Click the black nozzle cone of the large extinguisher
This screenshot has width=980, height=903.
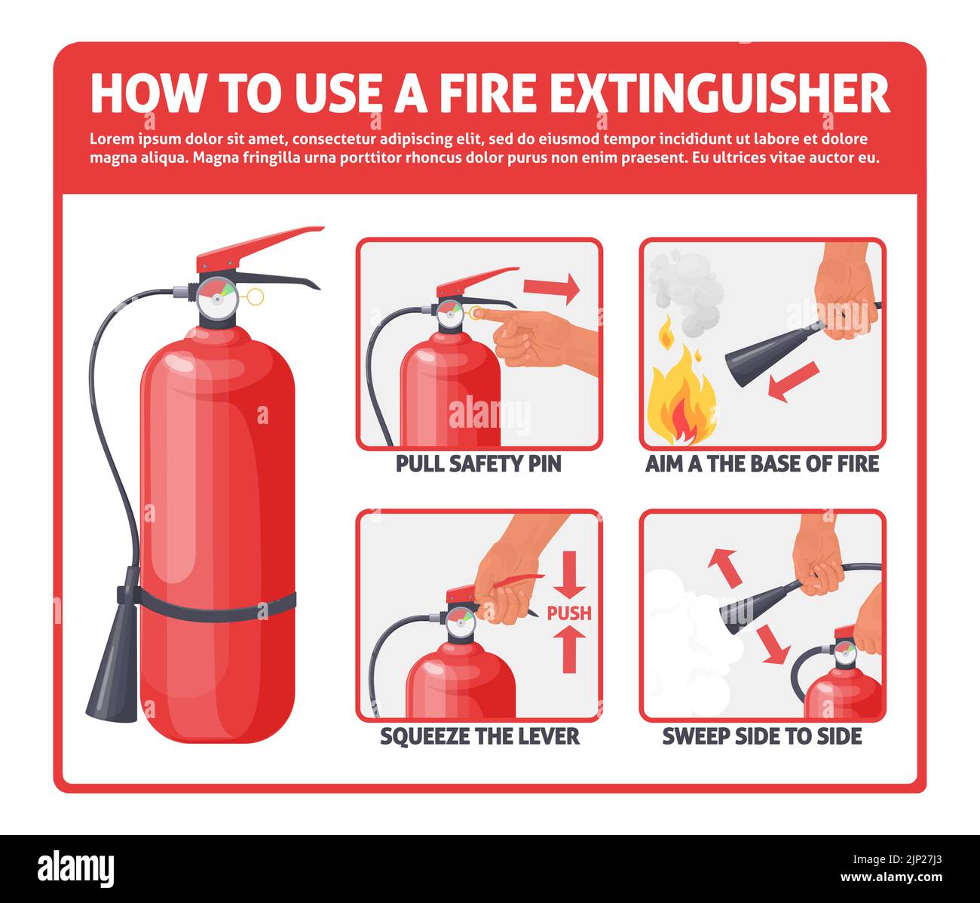point(113,679)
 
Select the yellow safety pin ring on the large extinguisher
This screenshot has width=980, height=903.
point(256,296)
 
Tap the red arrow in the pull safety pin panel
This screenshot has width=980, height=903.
point(551,287)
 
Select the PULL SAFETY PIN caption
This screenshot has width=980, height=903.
point(479,464)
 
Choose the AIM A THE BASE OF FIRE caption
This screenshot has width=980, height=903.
point(762,464)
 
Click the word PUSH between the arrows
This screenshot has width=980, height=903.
point(569,613)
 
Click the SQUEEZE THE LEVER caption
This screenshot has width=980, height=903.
point(479,736)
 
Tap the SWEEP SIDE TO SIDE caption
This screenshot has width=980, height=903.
point(762,736)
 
